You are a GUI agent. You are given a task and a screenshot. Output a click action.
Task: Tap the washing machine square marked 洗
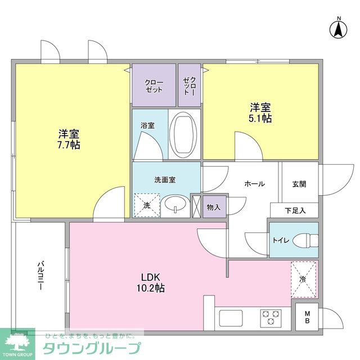coord(147,205)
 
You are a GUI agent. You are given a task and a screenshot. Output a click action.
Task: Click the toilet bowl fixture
coord(304,240)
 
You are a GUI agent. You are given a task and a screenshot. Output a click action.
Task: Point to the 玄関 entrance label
coord(299,183)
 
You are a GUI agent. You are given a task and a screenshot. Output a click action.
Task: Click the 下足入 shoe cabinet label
coord(295,210)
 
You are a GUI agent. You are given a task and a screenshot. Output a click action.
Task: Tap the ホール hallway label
coord(254,183)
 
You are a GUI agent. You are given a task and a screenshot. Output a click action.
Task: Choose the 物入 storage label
coord(214,206)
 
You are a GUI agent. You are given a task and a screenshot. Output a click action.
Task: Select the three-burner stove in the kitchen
coord(271,317)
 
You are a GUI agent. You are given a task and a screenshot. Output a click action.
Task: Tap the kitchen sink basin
coord(230,318)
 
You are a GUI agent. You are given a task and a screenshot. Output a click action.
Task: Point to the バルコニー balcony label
coord(41,276)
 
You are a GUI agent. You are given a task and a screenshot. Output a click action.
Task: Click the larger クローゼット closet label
coord(154,85)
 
